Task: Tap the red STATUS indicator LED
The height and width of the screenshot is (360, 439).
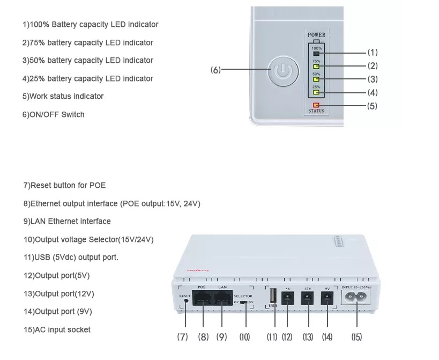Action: pyautogui.click(x=316, y=105)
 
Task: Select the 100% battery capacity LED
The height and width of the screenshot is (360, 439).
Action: pyautogui.click(x=316, y=54)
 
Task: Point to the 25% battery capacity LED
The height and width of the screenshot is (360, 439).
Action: pyautogui.click(x=316, y=92)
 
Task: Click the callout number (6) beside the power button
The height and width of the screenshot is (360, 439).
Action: pyautogui.click(x=215, y=70)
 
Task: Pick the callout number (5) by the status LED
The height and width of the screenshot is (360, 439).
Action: pyautogui.click(x=372, y=106)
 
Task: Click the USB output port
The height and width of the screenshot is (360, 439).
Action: pyautogui.click(x=273, y=297)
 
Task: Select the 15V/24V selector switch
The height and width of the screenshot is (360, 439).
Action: pyautogui.click(x=244, y=303)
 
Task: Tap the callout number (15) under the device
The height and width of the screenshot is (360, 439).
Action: pyautogui.click(x=356, y=337)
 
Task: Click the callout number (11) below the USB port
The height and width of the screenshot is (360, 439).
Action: pyautogui.click(x=272, y=337)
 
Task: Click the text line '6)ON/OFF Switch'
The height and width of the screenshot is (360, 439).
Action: pyautogui.click(x=54, y=114)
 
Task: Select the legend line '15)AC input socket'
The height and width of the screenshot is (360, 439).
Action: pyautogui.click(x=57, y=329)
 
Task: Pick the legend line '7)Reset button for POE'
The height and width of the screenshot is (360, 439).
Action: pyautogui.click(x=64, y=185)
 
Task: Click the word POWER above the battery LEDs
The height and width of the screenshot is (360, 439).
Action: pyautogui.click(x=316, y=35)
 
